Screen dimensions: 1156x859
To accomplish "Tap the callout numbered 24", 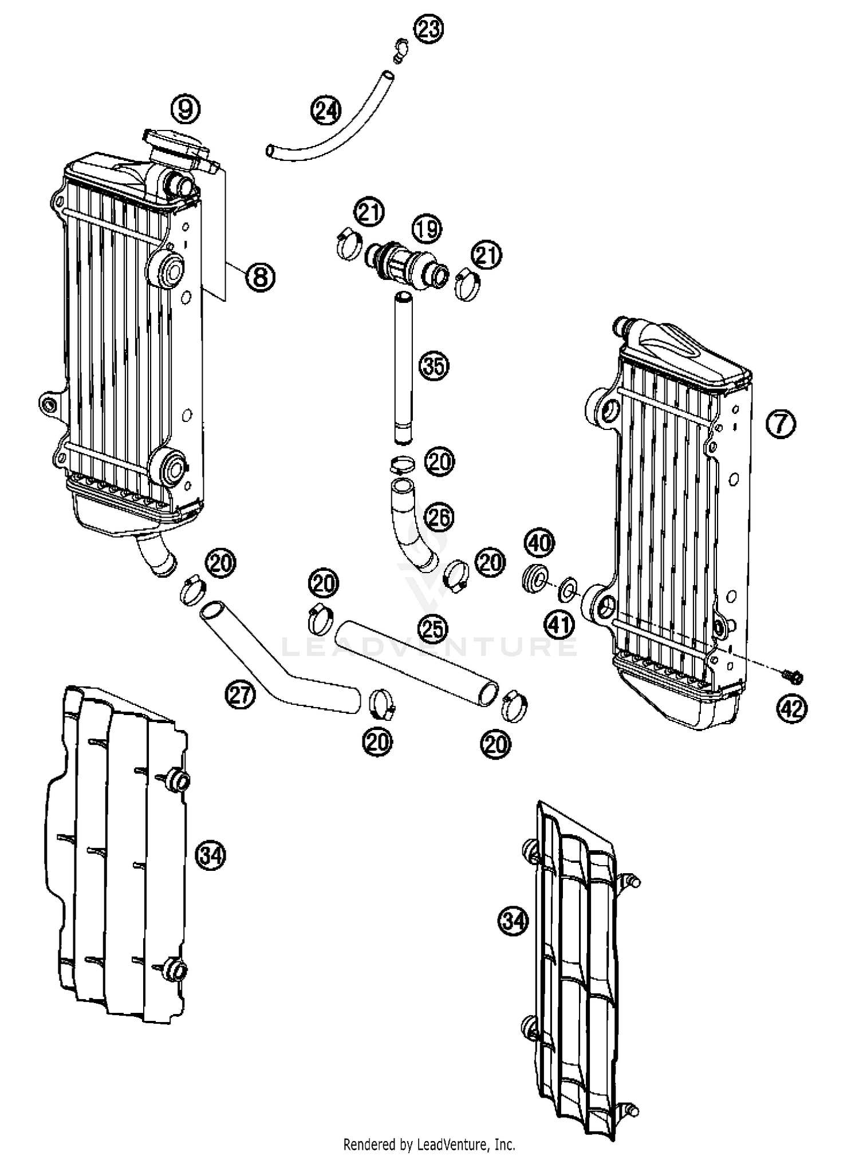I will coord(325,111).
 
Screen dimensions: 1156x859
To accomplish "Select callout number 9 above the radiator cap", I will coord(186,109).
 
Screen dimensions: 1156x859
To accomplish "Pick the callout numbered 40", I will coord(539,542).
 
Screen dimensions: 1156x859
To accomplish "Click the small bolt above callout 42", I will coord(794,677).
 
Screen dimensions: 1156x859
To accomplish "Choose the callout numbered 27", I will coord(239,695).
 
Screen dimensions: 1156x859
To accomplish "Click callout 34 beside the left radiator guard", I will coord(211,855).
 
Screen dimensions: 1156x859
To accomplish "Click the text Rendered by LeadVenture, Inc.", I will coord(429,1144).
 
